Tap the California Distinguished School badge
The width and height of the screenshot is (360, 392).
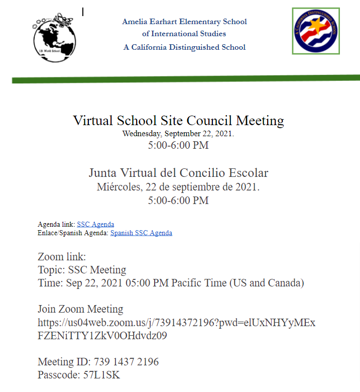coord(316,31)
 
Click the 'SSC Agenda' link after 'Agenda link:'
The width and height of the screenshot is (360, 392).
coord(95,224)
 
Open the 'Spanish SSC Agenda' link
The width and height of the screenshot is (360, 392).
coord(141,233)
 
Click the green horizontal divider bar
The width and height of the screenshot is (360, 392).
coord(186,79)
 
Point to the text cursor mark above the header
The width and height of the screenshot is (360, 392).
coord(83,12)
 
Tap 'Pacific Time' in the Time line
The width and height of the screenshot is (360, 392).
coord(199,283)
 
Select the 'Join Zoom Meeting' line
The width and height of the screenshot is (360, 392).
coord(80,309)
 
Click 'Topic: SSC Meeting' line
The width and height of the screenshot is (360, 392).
coord(82,270)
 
